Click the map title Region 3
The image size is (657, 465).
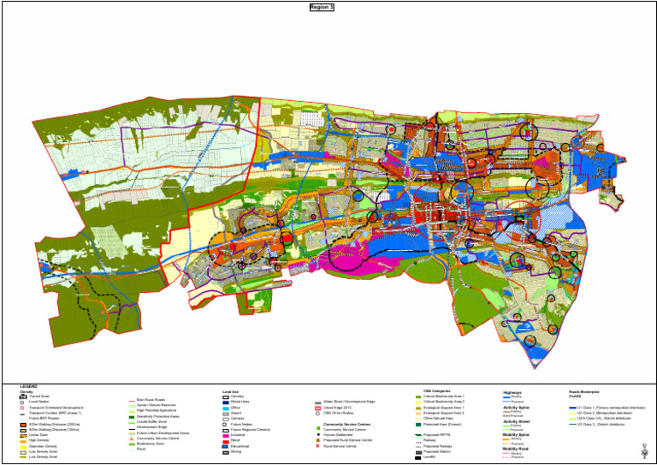(322, 7)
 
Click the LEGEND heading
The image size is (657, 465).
(28, 386)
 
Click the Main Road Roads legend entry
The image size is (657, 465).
(151, 400)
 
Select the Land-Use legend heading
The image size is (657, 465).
(233, 391)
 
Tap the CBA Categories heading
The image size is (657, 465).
(437, 390)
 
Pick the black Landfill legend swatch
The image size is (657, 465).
(417, 457)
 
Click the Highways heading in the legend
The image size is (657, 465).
(512, 391)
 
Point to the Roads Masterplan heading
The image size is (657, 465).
(586, 392)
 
